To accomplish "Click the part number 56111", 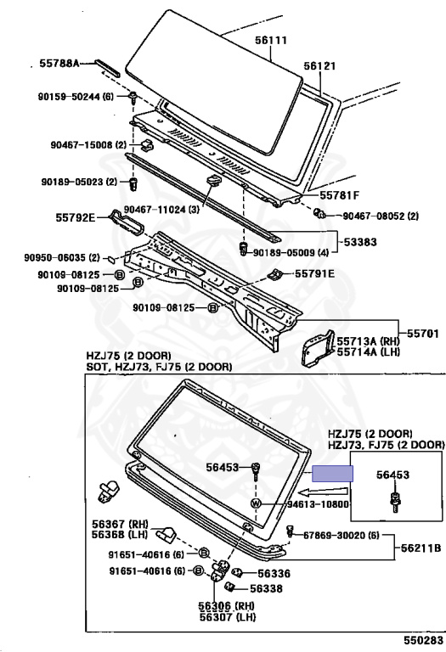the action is point(271,41).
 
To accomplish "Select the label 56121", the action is point(319,65).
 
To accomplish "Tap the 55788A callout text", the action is point(59,63).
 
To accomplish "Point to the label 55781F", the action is point(339,195).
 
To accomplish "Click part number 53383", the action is point(360,242).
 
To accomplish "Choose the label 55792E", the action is point(76,217).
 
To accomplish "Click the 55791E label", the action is point(314,273).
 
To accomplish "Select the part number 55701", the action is point(423,333).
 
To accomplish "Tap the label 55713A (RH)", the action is point(368,341).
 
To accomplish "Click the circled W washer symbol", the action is point(256,503).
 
